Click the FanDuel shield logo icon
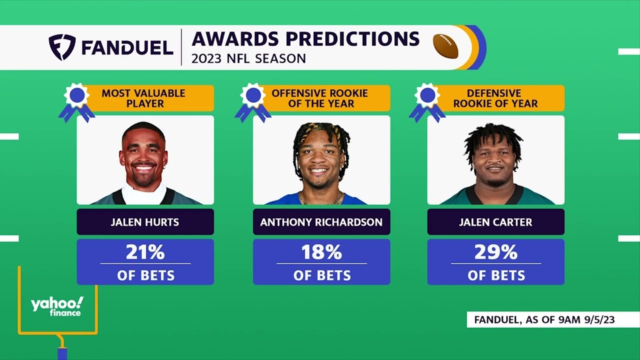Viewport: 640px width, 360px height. coord(62,47)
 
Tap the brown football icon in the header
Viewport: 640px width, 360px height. coord(445,46)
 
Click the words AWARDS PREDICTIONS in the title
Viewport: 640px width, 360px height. coord(305,39)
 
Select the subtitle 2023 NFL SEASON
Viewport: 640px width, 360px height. coord(248,58)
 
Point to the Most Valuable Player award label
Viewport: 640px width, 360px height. coord(143,98)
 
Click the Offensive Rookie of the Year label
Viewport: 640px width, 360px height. coord(320,98)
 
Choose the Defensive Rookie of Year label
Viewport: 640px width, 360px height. coord(495,98)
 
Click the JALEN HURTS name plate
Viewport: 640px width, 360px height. coord(145,222)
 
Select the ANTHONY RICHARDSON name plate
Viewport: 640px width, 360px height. coord(321,222)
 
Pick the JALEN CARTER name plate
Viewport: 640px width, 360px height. coord(495,222)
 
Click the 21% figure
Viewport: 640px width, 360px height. coord(145,252)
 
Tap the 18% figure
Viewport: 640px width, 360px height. coord(321,252)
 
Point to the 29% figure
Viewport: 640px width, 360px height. coord(495,252)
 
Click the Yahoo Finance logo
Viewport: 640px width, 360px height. coord(57,306)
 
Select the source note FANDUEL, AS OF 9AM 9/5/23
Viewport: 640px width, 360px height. coord(544,319)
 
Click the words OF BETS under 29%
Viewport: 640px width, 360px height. coord(496,275)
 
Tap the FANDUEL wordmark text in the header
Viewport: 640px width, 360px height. coord(127,47)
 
